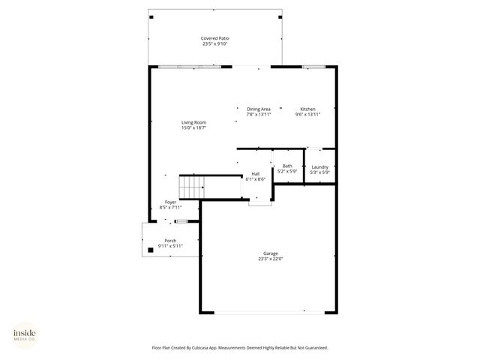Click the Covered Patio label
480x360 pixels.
[214, 38]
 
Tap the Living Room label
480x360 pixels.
[193, 122]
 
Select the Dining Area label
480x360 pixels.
[259, 109]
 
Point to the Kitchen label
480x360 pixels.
[308, 109]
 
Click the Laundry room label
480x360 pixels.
[320, 166]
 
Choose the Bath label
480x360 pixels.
[287, 166]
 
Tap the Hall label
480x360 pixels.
[256, 174]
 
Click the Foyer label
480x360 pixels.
[171, 202]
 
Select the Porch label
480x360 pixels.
[171, 240]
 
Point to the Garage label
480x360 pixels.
[271, 253]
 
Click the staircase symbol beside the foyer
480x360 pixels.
[190, 186]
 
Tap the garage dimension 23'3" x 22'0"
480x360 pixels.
[271, 259]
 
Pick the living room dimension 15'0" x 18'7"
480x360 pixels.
[193, 128]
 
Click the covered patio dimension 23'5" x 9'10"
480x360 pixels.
[214, 44]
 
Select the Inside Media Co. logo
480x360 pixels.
[24, 334]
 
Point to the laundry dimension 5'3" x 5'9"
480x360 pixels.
[320, 172]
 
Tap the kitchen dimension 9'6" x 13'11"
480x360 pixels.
[308, 115]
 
